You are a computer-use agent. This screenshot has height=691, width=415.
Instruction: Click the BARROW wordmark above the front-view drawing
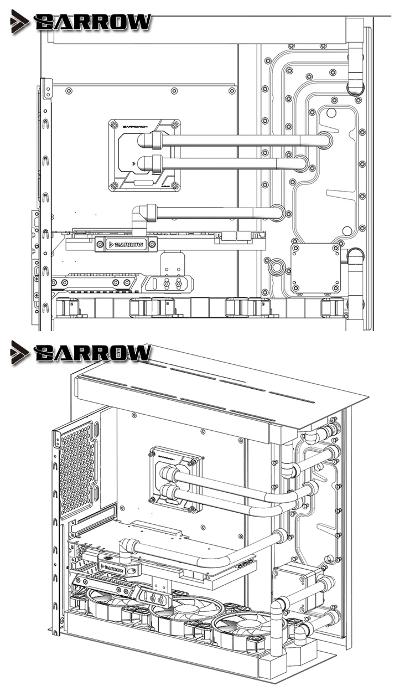coord(92,22)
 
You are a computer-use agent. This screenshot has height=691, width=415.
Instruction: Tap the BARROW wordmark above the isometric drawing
coord(92,352)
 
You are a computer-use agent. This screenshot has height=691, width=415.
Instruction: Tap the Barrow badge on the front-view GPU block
coord(126,244)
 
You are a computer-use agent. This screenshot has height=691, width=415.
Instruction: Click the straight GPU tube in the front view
coord(216,212)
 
